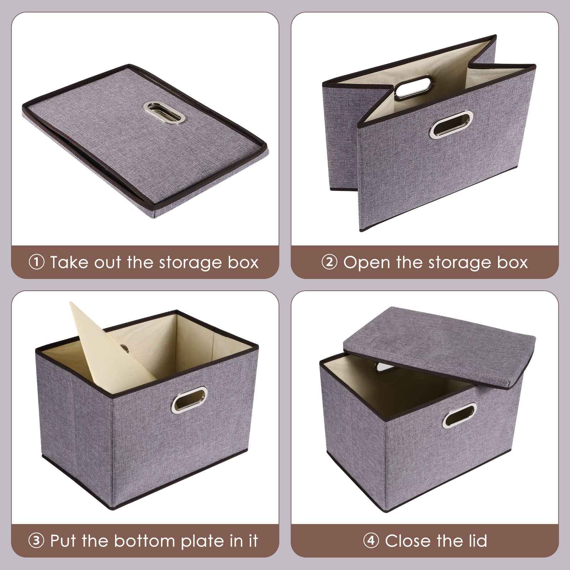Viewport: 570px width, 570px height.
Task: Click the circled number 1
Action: [36, 263]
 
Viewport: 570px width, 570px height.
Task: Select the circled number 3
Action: [36, 541]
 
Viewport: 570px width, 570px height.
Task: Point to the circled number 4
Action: [371, 541]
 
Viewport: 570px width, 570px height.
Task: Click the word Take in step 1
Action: [69, 263]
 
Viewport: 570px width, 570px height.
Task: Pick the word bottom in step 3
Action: [142, 541]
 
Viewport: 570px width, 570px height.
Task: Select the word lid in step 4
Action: [476, 541]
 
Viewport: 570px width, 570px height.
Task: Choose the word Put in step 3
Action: [64, 541]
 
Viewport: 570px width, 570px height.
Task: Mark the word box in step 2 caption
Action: [512, 263]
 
